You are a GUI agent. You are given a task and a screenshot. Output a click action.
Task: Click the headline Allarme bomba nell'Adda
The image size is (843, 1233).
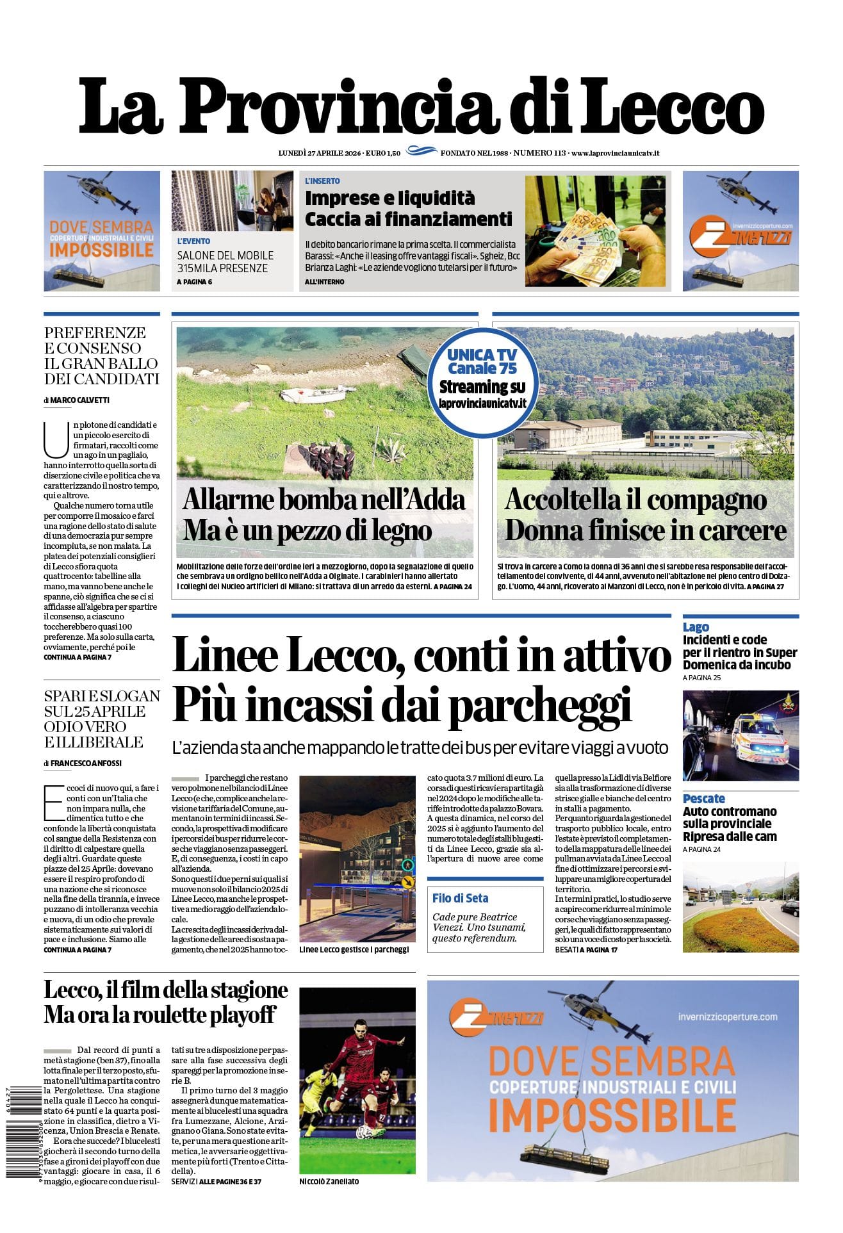324,500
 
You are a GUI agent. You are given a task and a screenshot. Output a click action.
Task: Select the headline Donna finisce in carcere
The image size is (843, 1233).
646,530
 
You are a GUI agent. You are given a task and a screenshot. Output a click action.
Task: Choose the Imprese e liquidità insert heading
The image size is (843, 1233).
389,197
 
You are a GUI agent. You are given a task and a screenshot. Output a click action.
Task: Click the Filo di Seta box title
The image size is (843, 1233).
460,898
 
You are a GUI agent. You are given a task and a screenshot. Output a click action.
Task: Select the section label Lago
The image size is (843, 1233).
696,627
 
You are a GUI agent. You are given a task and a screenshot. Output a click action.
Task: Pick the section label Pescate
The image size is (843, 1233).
703,798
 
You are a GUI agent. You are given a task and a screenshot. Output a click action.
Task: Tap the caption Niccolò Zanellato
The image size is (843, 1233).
329,1181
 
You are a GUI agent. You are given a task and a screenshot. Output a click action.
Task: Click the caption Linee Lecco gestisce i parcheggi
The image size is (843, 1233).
354,949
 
